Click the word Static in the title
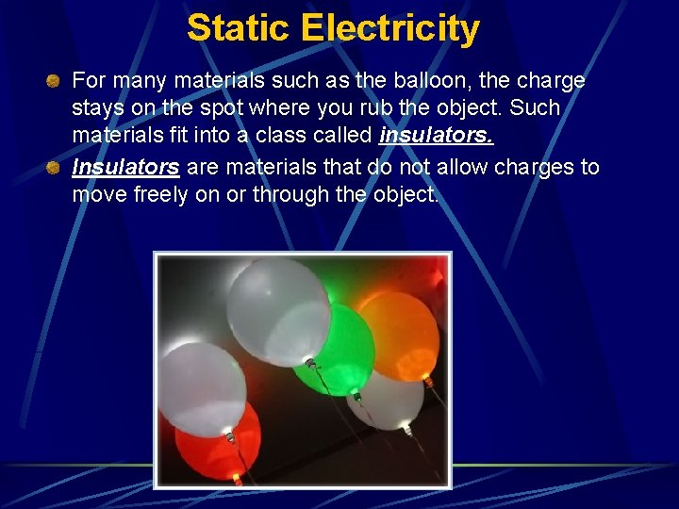(x=240, y=28)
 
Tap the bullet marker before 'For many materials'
(x=56, y=80)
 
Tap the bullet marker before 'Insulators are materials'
(x=56, y=168)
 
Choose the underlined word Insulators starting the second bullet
(x=125, y=168)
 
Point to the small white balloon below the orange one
(x=389, y=398)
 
